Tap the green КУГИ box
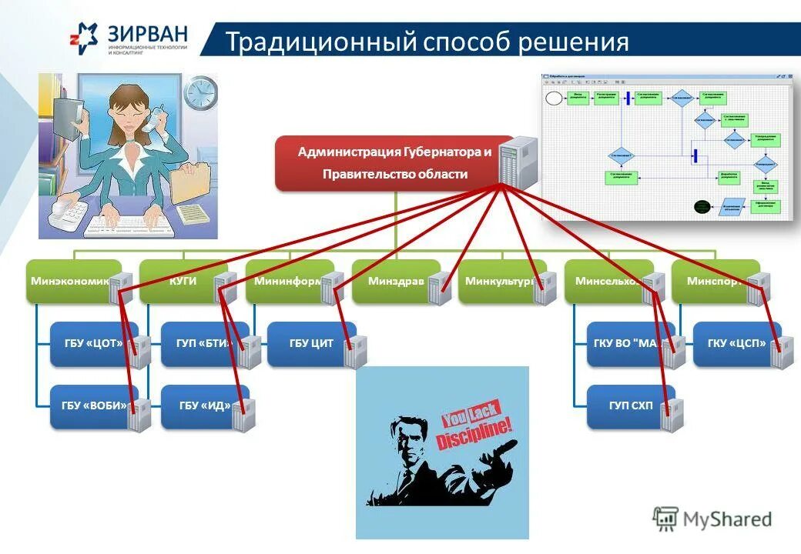point(183,281)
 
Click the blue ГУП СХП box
point(625,406)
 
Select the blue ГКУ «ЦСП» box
point(736,343)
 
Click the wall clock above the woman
point(200,94)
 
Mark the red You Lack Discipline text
point(475,430)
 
